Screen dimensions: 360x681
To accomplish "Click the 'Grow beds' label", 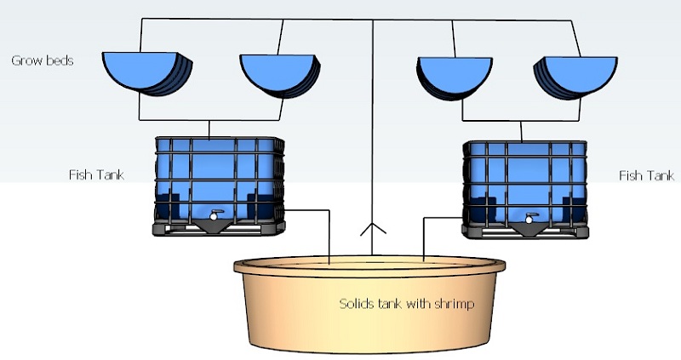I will (42, 61).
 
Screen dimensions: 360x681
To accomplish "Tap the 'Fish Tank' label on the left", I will (96, 175).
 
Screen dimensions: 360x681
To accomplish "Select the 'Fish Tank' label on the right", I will (647, 175).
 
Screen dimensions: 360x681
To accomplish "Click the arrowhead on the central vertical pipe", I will (372, 229).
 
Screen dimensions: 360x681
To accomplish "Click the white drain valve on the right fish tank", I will (529, 219).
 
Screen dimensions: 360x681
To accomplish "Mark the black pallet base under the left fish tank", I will (218, 228).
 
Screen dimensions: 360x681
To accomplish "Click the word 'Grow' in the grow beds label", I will (26, 61).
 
